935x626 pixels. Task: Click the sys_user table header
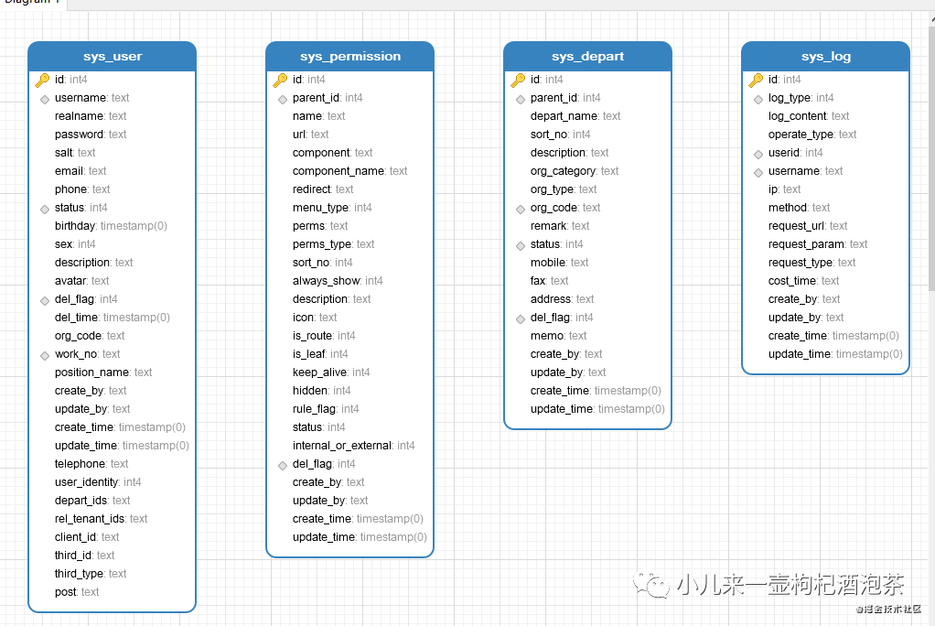113,56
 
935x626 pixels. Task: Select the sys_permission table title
350,56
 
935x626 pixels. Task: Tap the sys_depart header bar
587,56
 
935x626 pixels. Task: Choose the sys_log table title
826,56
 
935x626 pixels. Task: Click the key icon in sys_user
42,80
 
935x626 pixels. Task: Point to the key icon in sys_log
756,80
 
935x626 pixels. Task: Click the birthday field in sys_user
111,225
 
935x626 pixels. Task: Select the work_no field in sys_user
87,354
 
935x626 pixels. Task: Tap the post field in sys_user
77,592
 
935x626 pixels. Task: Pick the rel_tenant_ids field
101,519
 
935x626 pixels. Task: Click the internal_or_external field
354,445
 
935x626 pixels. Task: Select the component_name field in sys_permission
350,170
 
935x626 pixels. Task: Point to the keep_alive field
331,372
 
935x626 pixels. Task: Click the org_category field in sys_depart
575,170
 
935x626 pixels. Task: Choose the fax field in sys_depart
549,280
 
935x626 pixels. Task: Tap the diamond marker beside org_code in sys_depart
520,209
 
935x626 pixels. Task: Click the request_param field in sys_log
818,244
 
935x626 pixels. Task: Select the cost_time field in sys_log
803,280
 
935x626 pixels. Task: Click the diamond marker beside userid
758,154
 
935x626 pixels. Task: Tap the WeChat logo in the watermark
651,584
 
